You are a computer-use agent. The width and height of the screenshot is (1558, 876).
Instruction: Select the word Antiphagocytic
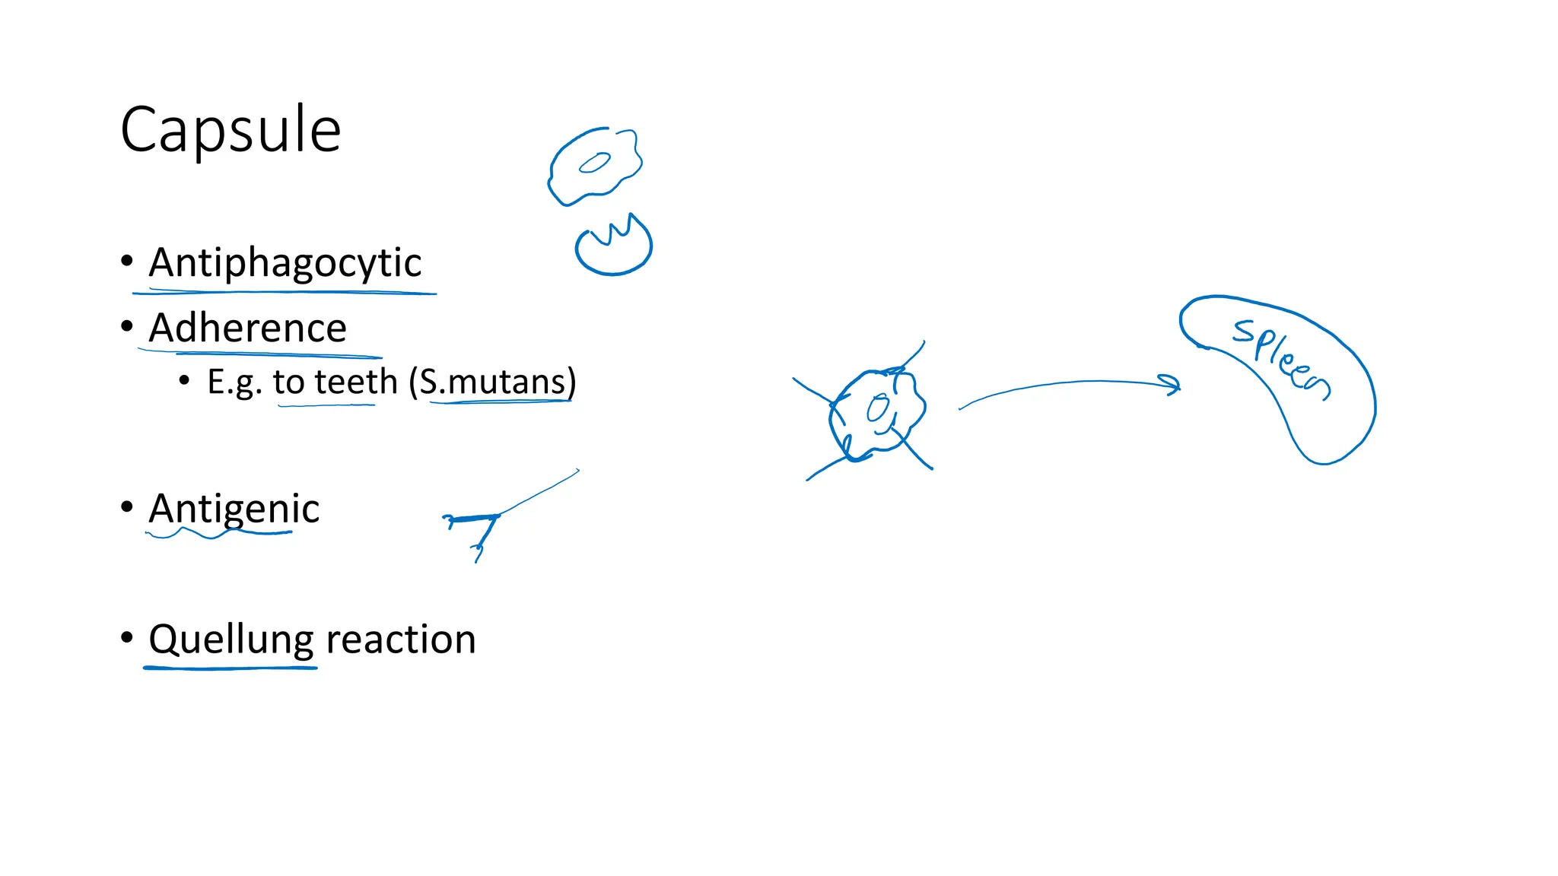click(285, 263)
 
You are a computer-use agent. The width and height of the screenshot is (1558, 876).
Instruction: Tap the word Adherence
click(247, 328)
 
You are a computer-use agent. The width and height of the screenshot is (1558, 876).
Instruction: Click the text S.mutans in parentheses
click(494, 382)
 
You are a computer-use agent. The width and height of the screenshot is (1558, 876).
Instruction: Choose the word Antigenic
click(234, 508)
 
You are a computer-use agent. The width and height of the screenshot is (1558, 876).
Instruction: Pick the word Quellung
click(231, 639)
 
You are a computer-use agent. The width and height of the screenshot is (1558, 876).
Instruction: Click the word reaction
click(400, 640)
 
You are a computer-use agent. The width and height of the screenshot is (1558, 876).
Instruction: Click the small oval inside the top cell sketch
click(594, 163)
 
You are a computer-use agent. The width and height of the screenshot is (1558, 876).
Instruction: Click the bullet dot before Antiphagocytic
click(127, 262)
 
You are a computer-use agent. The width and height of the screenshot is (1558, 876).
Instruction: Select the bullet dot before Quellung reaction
click(127, 637)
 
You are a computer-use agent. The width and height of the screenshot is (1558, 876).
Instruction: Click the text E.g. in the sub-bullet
click(234, 382)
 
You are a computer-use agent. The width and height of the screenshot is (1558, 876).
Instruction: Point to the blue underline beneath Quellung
click(230, 668)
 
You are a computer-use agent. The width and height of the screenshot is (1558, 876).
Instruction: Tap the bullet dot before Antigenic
click(127, 506)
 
